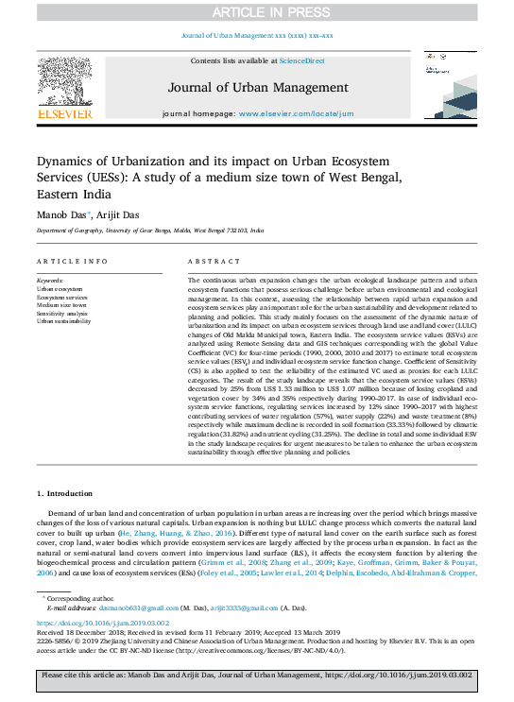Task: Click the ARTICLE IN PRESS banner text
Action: click(256, 12)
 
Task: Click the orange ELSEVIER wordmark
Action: click(64, 114)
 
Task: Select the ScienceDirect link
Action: click(302, 60)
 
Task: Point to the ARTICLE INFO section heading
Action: click(72, 261)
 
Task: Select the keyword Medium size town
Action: click(61, 305)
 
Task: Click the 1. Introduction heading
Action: click(66, 493)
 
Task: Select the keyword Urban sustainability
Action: click(64, 321)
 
